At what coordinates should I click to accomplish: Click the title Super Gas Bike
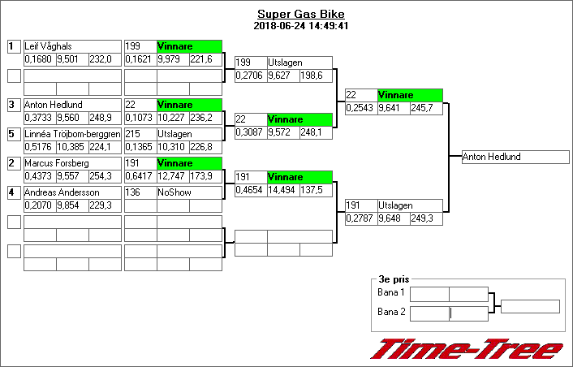click(x=300, y=15)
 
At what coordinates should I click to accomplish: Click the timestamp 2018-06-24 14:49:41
click(x=300, y=25)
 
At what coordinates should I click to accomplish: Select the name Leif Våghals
click(x=48, y=46)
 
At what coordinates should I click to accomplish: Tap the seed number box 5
click(x=13, y=134)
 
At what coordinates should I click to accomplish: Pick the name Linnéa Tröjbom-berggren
click(x=72, y=134)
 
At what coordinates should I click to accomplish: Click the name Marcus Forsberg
click(x=54, y=163)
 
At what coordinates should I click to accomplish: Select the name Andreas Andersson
click(x=62, y=192)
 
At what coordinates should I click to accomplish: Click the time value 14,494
click(x=283, y=189)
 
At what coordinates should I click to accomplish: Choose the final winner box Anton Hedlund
click(x=515, y=157)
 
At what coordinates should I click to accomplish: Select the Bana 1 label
click(x=391, y=292)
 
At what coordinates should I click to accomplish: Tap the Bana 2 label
click(x=391, y=313)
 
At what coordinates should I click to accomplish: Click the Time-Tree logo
click(x=466, y=349)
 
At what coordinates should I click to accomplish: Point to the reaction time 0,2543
click(x=360, y=107)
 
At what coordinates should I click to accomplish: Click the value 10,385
click(x=72, y=147)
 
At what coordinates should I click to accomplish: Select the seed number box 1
click(x=13, y=46)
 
